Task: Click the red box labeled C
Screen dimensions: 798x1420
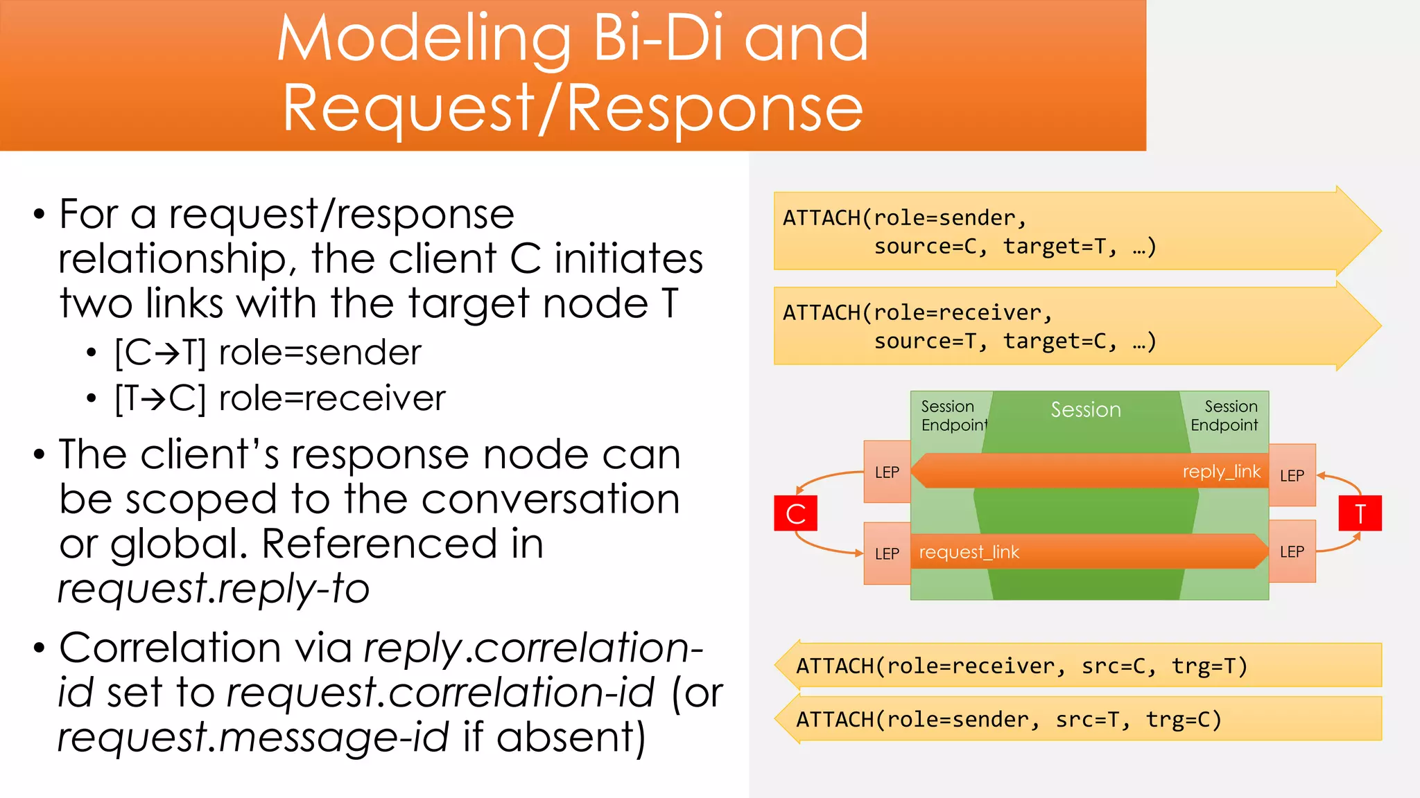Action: point(795,513)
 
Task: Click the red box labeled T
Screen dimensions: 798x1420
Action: point(1360,513)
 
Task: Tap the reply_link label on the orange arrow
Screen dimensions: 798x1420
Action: point(1221,472)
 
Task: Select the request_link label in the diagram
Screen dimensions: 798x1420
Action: point(969,552)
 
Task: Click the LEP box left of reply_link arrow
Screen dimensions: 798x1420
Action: point(887,472)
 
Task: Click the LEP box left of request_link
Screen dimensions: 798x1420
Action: point(887,553)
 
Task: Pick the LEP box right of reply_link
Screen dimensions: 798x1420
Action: point(1292,475)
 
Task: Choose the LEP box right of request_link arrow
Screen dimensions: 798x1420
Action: point(1292,551)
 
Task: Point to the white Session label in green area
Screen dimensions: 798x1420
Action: point(1085,409)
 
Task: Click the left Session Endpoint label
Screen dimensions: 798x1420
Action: point(953,416)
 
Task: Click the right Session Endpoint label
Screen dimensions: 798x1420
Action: point(1224,416)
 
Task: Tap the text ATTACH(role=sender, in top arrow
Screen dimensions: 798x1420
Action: point(904,218)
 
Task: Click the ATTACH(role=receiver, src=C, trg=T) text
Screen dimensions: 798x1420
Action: point(1021,666)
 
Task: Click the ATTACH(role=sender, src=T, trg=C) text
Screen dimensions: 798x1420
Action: point(1009,720)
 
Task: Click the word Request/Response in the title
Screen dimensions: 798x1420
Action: point(573,109)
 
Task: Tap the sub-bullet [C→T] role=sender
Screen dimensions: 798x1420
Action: point(268,353)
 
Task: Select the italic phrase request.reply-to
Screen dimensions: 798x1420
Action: point(214,588)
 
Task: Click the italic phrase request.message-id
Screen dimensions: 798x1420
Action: point(253,736)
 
